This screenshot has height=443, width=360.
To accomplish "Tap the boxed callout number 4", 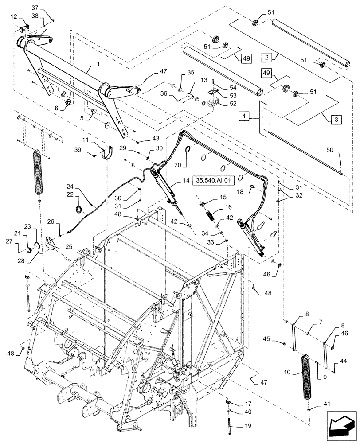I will (244, 117).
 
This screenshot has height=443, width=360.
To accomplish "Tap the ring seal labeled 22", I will (79, 209).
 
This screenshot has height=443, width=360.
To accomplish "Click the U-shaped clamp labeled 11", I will (106, 152).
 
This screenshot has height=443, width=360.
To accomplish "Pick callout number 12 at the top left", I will (14, 16).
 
